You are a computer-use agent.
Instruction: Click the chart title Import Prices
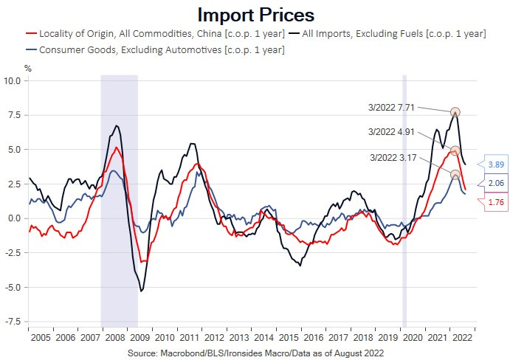(x=255, y=15)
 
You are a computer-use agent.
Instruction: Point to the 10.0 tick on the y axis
(x=14, y=80)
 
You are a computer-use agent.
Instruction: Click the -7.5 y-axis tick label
(x=14, y=322)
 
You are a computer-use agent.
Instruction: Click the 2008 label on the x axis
(x=115, y=337)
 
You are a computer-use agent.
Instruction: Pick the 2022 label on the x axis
(x=463, y=337)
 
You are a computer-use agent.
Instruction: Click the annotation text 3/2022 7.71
(x=395, y=107)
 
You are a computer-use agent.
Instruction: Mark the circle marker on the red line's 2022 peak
(x=455, y=150)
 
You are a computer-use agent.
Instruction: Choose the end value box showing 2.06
(x=495, y=183)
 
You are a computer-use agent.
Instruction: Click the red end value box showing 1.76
(x=495, y=201)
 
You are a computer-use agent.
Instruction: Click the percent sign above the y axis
(x=27, y=68)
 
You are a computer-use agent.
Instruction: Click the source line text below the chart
(x=255, y=353)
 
